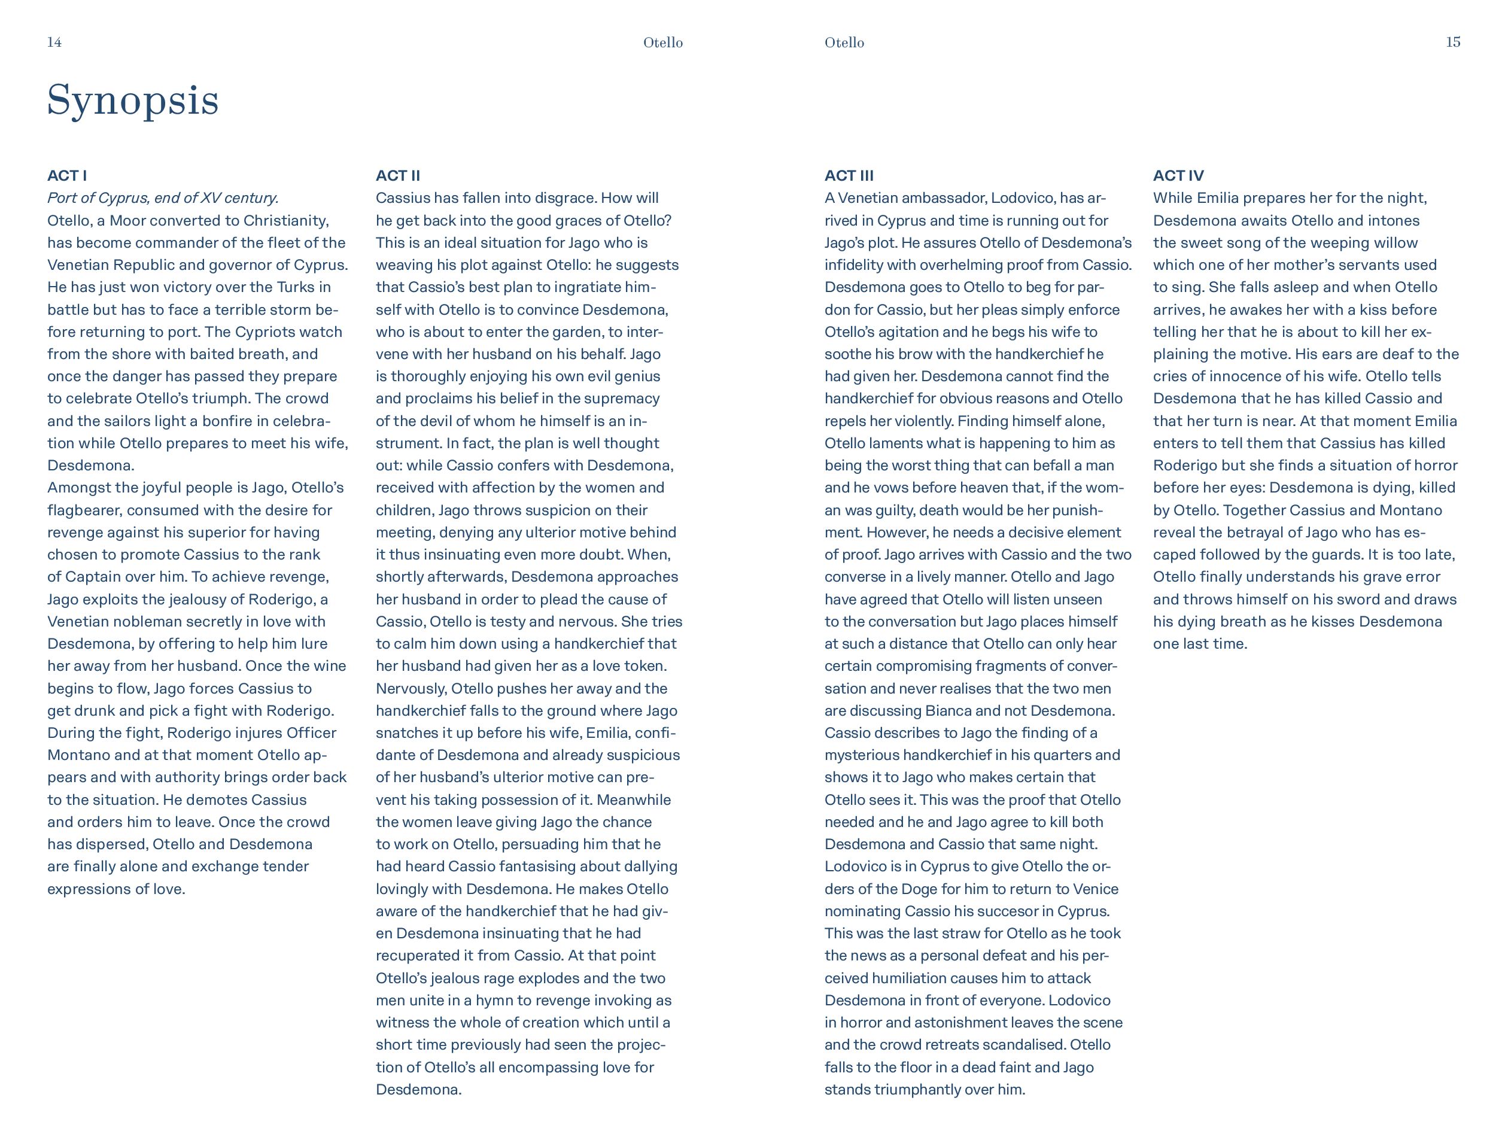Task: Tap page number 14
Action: click(54, 42)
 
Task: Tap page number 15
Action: click(1453, 42)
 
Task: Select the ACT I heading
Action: click(67, 176)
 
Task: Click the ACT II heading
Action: click(397, 176)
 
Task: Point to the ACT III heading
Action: click(849, 176)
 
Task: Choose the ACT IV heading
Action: click(1178, 176)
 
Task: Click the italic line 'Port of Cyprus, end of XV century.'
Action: click(163, 199)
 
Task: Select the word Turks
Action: click(295, 288)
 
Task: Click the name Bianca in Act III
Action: click(948, 711)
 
